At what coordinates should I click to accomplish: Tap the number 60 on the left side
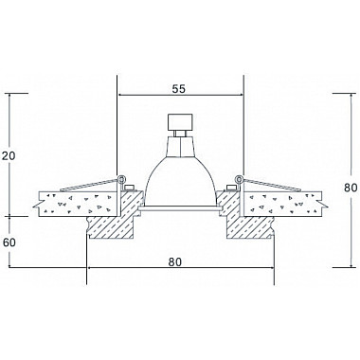pyautogui.click(x=10, y=242)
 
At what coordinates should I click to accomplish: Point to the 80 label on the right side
pyautogui.click(x=349, y=189)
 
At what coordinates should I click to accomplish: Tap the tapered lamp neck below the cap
pyautogui.click(x=179, y=145)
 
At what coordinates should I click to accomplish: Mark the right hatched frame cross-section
pyautogui.click(x=248, y=223)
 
